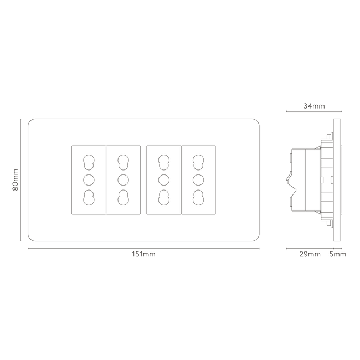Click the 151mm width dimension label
143,254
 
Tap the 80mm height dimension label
16,180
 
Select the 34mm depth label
314,106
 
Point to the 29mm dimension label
310,254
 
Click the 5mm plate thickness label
337,254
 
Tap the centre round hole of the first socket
89,180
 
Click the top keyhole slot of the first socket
89,162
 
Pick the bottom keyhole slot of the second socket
124,198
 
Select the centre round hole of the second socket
124,180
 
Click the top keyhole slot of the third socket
164,162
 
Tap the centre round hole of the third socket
164,180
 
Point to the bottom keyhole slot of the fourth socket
198,198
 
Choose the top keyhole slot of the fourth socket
198,162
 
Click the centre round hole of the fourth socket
198,180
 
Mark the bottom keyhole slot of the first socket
89,198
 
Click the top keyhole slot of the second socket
124,162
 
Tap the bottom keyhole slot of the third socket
164,198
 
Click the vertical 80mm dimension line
20,180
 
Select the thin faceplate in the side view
337,180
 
